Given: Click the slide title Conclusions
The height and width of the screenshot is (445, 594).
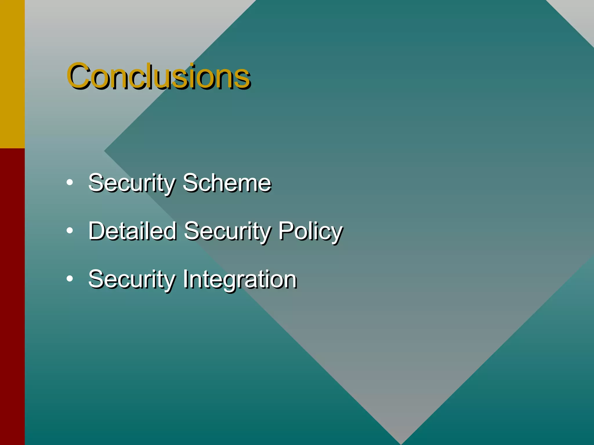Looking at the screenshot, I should pos(158,76).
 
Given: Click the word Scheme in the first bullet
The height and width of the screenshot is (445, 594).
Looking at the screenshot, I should pos(227,183).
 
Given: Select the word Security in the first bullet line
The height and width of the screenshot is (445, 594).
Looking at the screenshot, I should pos(132,183).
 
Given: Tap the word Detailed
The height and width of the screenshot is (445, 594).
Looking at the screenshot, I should pos(133,231).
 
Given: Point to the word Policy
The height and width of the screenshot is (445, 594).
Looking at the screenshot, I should pos(310,231).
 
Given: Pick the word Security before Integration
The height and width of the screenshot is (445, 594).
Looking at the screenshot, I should pos(132,279).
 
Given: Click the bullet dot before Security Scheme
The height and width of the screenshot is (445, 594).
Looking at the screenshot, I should pos(70,183).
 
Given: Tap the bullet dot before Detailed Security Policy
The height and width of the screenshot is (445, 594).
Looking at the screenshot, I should pos(70,231).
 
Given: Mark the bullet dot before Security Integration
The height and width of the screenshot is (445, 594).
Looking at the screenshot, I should pos(70,279).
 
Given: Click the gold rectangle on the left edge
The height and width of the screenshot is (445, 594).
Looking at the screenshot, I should pos(12,74).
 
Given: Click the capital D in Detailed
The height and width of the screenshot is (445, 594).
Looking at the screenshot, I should pos(97,231).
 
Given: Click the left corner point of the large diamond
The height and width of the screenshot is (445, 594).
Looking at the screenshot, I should pos(105,151).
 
